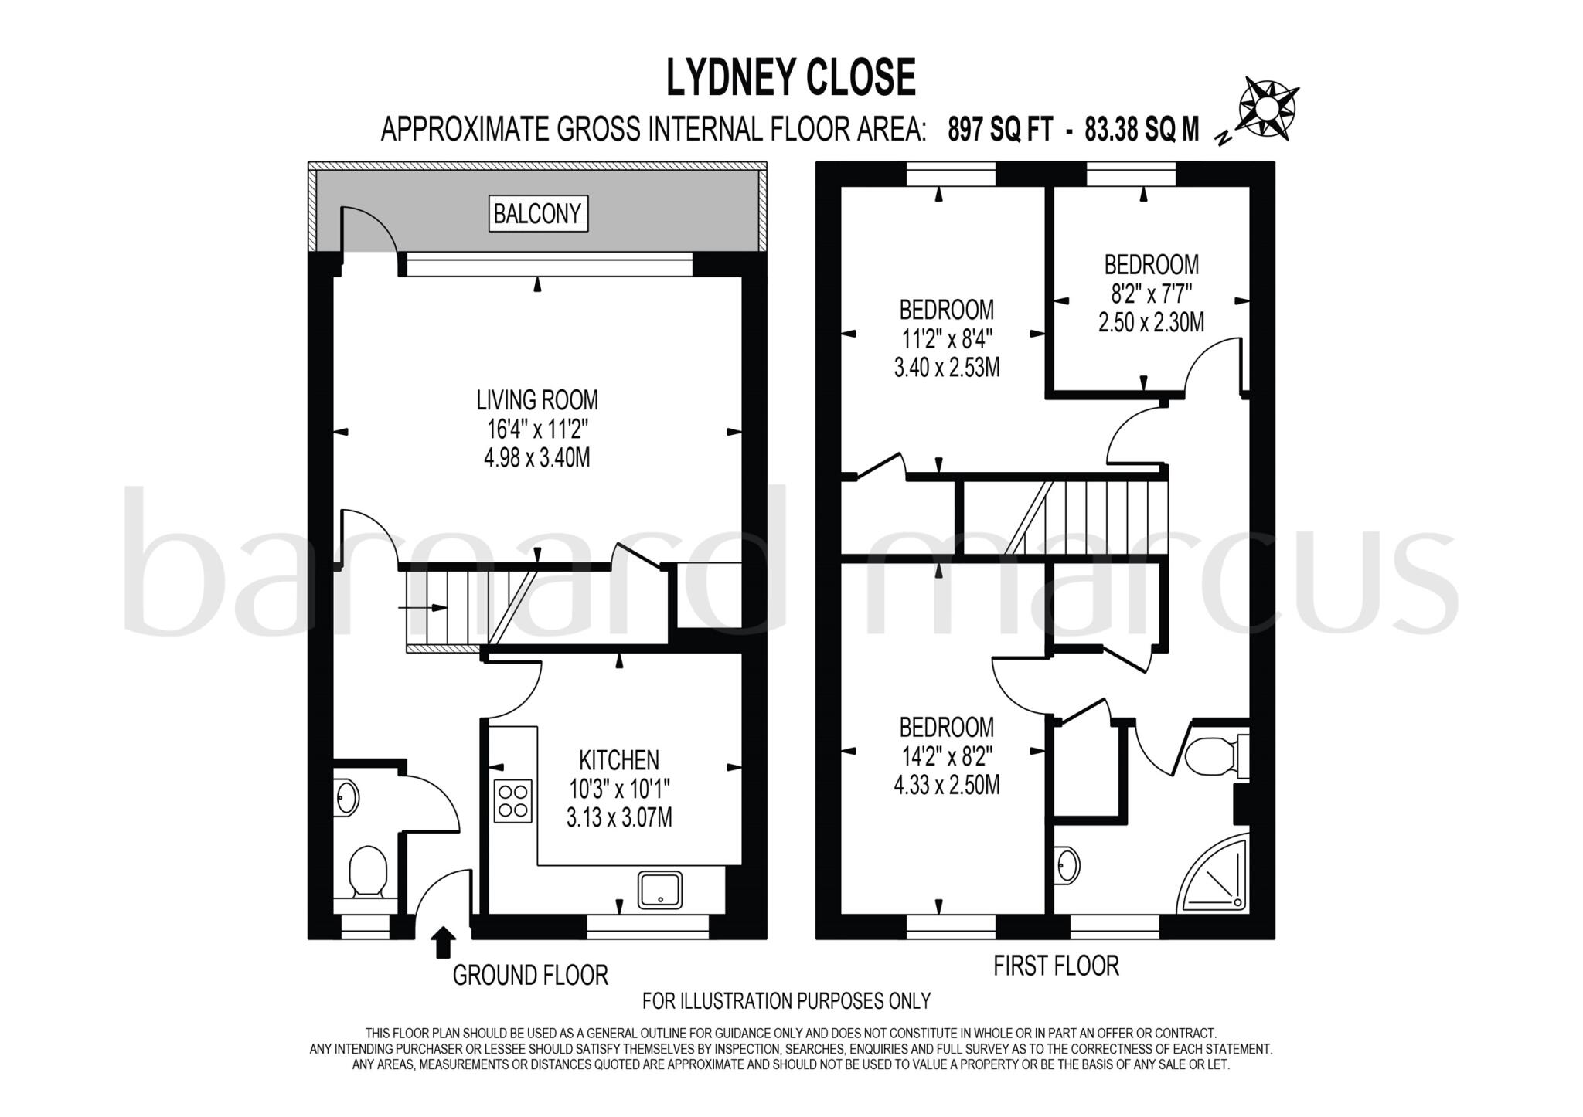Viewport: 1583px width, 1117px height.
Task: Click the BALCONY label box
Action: pyautogui.click(x=538, y=213)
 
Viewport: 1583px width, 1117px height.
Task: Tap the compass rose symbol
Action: pyautogui.click(x=1268, y=110)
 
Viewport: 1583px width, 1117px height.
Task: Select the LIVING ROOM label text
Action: pyautogui.click(x=537, y=400)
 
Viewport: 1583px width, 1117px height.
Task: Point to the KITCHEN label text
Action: pyautogui.click(x=619, y=760)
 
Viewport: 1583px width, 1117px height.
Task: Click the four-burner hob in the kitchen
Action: pyautogui.click(x=513, y=801)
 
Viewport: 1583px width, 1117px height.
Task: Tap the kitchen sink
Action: pyautogui.click(x=660, y=889)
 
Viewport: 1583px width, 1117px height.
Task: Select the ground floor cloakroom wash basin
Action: pyautogui.click(x=347, y=797)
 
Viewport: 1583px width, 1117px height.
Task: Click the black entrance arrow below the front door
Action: pyautogui.click(x=443, y=942)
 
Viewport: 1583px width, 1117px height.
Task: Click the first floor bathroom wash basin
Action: pyautogui.click(x=1068, y=865)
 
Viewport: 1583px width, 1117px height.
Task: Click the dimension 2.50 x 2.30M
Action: pyautogui.click(x=1151, y=322)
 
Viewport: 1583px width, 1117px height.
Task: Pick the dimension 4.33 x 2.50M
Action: pyautogui.click(x=946, y=786)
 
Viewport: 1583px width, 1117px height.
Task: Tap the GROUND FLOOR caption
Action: pyautogui.click(x=530, y=976)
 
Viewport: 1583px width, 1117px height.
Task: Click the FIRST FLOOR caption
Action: pyautogui.click(x=1056, y=966)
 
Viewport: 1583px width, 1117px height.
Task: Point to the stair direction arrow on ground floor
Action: pyautogui.click(x=423, y=608)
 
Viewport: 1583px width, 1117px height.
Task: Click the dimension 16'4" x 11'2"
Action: pyautogui.click(x=537, y=429)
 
